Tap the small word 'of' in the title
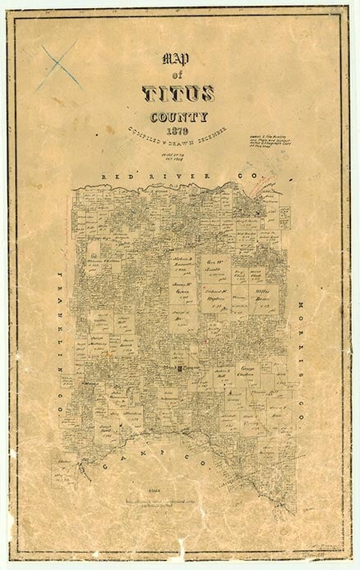coord(175,75)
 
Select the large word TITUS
coord(178,94)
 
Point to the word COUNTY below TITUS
coord(178,116)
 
